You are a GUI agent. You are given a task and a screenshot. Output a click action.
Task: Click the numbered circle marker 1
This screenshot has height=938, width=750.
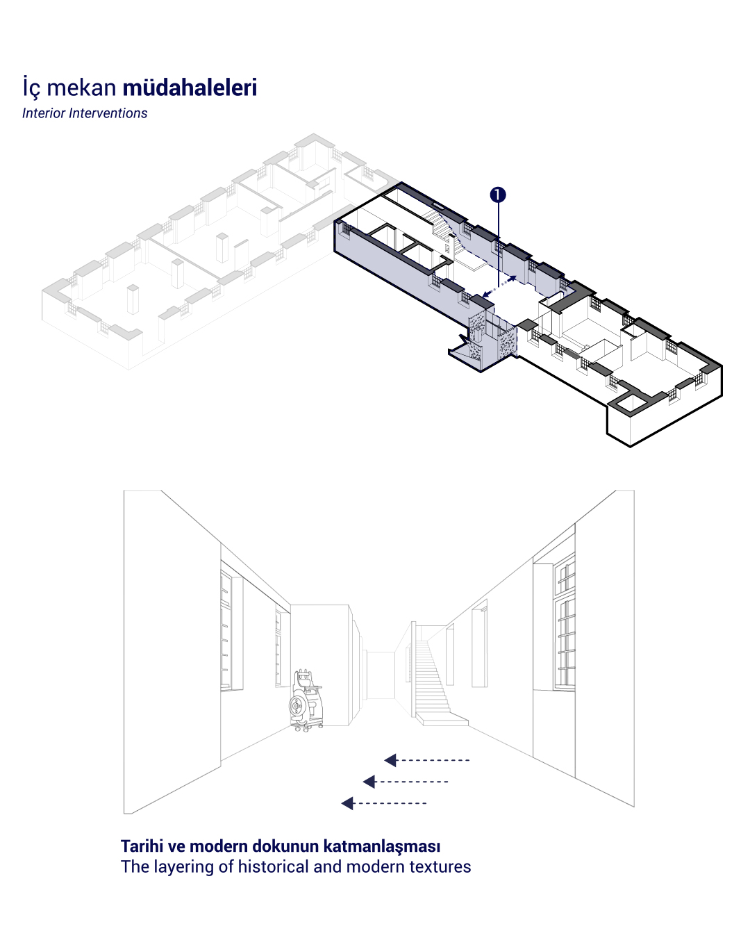pyautogui.click(x=498, y=195)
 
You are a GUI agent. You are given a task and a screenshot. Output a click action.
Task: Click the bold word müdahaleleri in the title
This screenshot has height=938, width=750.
pyautogui.click(x=190, y=87)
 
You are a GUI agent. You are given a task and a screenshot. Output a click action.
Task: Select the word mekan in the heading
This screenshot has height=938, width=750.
pyautogui.click(x=81, y=88)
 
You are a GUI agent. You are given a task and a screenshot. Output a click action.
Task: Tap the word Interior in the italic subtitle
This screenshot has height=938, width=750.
pyautogui.click(x=44, y=113)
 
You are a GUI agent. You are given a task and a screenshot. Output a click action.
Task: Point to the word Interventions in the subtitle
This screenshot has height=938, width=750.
pyautogui.click(x=108, y=113)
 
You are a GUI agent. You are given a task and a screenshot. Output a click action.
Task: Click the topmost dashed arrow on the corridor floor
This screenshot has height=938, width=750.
pyautogui.click(x=426, y=760)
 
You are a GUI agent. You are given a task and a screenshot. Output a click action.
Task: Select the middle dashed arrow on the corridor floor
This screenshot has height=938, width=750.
pyautogui.click(x=406, y=782)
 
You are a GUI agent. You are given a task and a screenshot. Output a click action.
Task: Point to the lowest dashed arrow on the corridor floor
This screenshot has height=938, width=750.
pyautogui.click(x=383, y=803)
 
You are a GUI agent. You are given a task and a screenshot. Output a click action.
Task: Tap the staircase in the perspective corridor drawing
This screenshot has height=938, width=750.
pyautogui.click(x=436, y=680)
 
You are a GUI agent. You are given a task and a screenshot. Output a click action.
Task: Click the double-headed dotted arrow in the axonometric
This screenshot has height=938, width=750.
pyautogui.click(x=499, y=286)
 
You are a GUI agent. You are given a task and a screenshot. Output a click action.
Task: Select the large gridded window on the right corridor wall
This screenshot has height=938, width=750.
pyautogui.click(x=565, y=622)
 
